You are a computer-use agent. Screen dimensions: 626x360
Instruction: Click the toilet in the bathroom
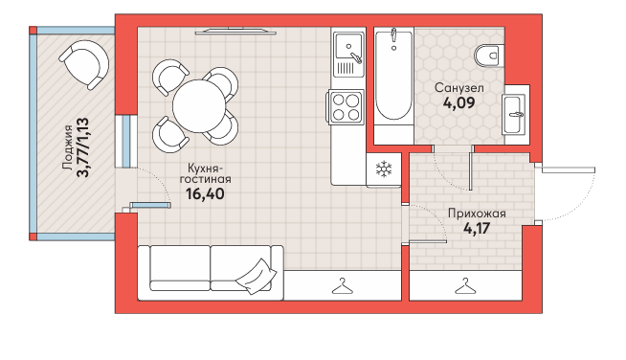pos(488,56)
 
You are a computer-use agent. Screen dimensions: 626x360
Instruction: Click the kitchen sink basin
pos(349,46)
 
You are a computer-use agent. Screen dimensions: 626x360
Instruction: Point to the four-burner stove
pos(346,107)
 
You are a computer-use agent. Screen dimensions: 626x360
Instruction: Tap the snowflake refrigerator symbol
pos(384,169)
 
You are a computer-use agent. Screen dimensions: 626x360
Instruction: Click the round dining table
pos(199,106)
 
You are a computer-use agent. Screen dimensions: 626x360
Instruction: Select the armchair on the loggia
pos(84,64)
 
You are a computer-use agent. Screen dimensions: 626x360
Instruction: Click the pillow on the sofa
pos(256,276)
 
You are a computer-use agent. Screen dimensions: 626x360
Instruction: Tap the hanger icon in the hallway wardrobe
pos(465,286)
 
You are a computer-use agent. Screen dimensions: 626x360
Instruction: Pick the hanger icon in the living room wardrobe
pos(343,286)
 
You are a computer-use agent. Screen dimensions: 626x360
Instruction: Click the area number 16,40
pos(205,193)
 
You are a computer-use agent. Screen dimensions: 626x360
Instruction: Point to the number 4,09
pos(459,103)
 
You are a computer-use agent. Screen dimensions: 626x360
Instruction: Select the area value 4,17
pos(477,229)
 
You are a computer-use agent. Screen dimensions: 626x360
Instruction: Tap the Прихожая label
pos(477,214)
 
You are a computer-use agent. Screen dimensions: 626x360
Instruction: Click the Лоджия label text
pos(68,147)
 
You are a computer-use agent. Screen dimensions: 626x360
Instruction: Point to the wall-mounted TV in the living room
pos(235,31)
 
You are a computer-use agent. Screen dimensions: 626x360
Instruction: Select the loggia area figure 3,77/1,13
pos(82,147)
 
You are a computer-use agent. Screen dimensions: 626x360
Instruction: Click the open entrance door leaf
pos(569,170)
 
